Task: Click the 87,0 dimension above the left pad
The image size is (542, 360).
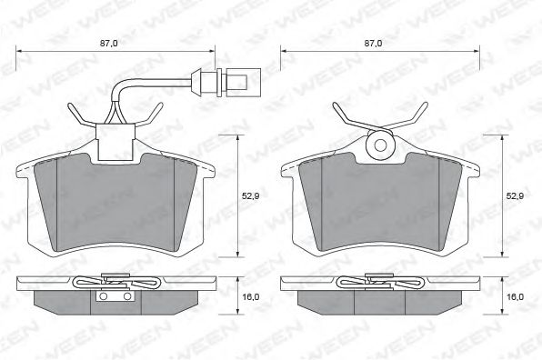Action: pyautogui.click(x=108, y=44)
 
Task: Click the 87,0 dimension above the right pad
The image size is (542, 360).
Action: pyautogui.click(x=374, y=44)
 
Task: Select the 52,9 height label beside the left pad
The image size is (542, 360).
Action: pyautogui.click(x=251, y=195)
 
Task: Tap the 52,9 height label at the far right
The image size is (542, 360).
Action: pyautogui.click(x=515, y=195)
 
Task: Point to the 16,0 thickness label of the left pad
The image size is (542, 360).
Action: pyautogui.click(x=251, y=296)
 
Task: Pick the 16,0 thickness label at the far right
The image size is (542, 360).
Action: pyautogui.click(x=515, y=296)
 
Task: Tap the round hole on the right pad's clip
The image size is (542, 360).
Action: pyautogui.click(x=380, y=145)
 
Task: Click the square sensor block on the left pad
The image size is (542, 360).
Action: pyautogui.click(x=115, y=143)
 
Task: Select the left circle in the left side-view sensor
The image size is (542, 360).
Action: pyautogui.click(x=103, y=296)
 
